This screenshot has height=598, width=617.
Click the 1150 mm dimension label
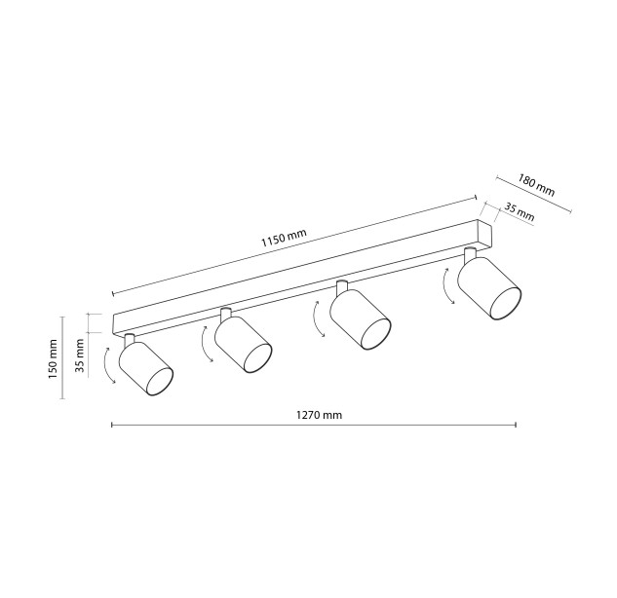(284, 238)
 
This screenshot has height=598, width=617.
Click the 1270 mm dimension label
(319, 415)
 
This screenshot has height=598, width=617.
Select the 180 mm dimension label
(536, 185)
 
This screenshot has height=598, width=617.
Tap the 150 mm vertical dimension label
(53, 359)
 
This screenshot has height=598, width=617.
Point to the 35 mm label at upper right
(520, 212)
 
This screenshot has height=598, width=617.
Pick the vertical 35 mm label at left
(80, 355)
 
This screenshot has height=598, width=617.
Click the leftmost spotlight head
(146, 368)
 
